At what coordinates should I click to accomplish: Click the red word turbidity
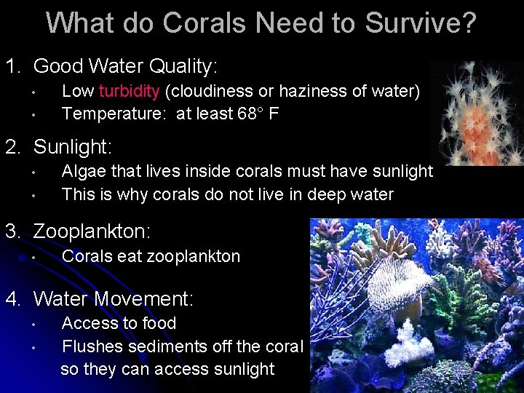(x=130, y=92)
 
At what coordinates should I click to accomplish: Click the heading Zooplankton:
(x=92, y=232)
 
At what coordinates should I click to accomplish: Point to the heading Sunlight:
(x=73, y=148)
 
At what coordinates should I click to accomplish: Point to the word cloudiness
(x=211, y=92)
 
